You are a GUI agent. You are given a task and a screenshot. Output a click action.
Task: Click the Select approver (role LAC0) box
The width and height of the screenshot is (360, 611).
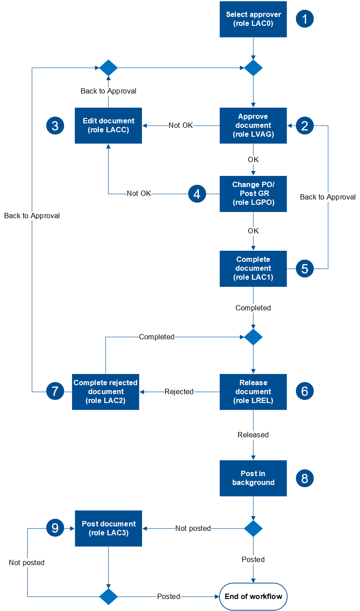pyautogui.click(x=253, y=19)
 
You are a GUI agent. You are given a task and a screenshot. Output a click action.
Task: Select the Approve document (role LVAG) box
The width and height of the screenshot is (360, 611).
pyautogui.click(x=253, y=126)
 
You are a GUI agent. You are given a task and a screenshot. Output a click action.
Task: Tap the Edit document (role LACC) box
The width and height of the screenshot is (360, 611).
pyautogui.click(x=108, y=126)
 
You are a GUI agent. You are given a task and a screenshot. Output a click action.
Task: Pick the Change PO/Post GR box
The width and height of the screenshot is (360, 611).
pyautogui.click(x=253, y=193)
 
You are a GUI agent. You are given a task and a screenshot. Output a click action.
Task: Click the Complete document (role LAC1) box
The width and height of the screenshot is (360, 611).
pyautogui.click(x=253, y=269)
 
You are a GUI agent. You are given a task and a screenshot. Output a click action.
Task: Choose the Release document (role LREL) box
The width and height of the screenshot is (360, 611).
pyautogui.click(x=253, y=391)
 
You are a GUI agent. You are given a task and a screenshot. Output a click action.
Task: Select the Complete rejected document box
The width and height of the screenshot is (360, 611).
pyautogui.click(x=105, y=391)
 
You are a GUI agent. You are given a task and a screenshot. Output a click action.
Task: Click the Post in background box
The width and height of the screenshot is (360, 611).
pyautogui.click(x=253, y=478)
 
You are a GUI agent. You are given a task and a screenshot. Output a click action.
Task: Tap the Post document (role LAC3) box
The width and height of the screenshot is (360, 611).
pyautogui.click(x=108, y=528)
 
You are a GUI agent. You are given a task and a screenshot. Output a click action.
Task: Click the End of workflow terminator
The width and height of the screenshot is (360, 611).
pyautogui.click(x=253, y=596)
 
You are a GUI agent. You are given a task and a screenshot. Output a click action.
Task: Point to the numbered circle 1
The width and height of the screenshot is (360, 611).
pyautogui.click(x=305, y=19)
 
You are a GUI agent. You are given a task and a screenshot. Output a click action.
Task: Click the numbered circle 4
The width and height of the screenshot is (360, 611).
pyautogui.click(x=197, y=194)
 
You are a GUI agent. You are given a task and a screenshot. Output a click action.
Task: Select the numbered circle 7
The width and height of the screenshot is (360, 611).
pyautogui.click(x=55, y=391)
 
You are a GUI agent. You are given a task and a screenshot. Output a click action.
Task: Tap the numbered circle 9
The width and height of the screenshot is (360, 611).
pyautogui.click(x=55, y=528)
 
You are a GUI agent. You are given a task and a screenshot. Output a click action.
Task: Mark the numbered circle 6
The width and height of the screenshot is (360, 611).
pyautogui.click(x=305, y=391)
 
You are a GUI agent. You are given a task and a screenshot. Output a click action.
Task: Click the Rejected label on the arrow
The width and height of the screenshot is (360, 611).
pyautogui.click(x=179, y=392)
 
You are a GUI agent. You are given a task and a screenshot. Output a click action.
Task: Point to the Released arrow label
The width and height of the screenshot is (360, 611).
pyautogui.click(x=253, y=435)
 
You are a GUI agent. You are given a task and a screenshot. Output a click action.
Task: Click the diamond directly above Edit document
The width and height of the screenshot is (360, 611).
pyautogui.click(x=108, y=68)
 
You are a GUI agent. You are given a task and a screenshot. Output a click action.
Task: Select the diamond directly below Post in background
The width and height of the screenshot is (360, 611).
pyautogui.click(x=253, y=528)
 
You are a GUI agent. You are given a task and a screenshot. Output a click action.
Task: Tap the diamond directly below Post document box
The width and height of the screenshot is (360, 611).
pyautogui.click(x=108, y=596)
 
